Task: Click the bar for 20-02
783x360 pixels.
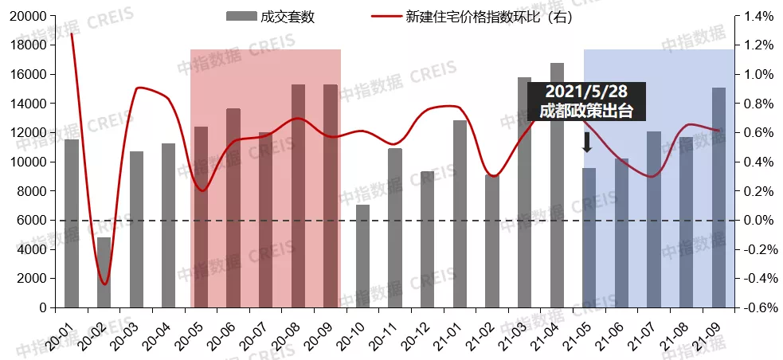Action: [x=104, y=272]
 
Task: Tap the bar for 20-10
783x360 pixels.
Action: [x=362, y=256]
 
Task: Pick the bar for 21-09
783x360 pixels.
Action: [x=718, y=198]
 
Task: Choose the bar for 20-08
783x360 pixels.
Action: [x=298, y=196]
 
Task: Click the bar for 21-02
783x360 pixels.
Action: [x=492, y=241]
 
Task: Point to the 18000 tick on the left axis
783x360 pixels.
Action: [x=29, y=45]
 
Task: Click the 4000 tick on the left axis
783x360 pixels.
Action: [x=33, y=249]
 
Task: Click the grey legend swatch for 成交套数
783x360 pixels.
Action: [x=241, y=16]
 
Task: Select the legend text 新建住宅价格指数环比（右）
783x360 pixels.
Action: [x=488, y=16]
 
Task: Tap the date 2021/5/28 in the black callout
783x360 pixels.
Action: [x=585, y=92]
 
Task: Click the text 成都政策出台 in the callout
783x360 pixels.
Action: [x=585, y=111]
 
